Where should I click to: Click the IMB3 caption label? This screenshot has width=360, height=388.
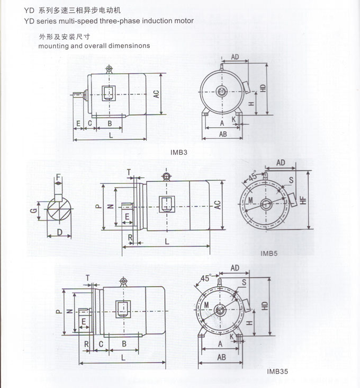(179, 153)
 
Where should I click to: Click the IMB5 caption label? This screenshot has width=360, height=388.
(269, 253)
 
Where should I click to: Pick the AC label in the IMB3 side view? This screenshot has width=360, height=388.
(157, 94)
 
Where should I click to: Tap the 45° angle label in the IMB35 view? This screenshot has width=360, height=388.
(206, 278)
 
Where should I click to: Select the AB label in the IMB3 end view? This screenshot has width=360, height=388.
(223, 134)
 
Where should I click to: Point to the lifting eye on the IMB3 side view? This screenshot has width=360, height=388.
(109, 69)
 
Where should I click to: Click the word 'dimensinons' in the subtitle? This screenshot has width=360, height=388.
(130, 46)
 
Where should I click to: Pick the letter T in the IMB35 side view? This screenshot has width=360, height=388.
(87, 277)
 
